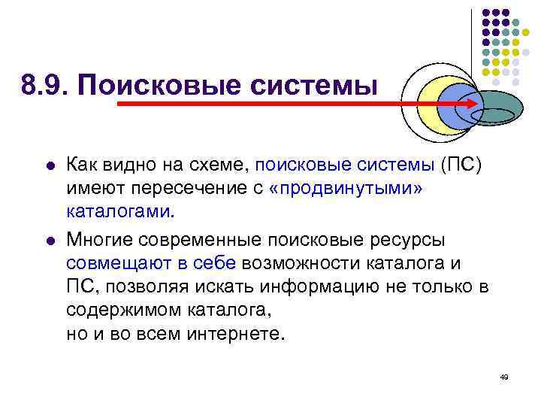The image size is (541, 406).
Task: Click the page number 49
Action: (503, 376)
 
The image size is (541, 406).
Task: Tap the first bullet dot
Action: (49, 164)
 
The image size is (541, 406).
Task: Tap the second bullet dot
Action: (49, 241)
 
